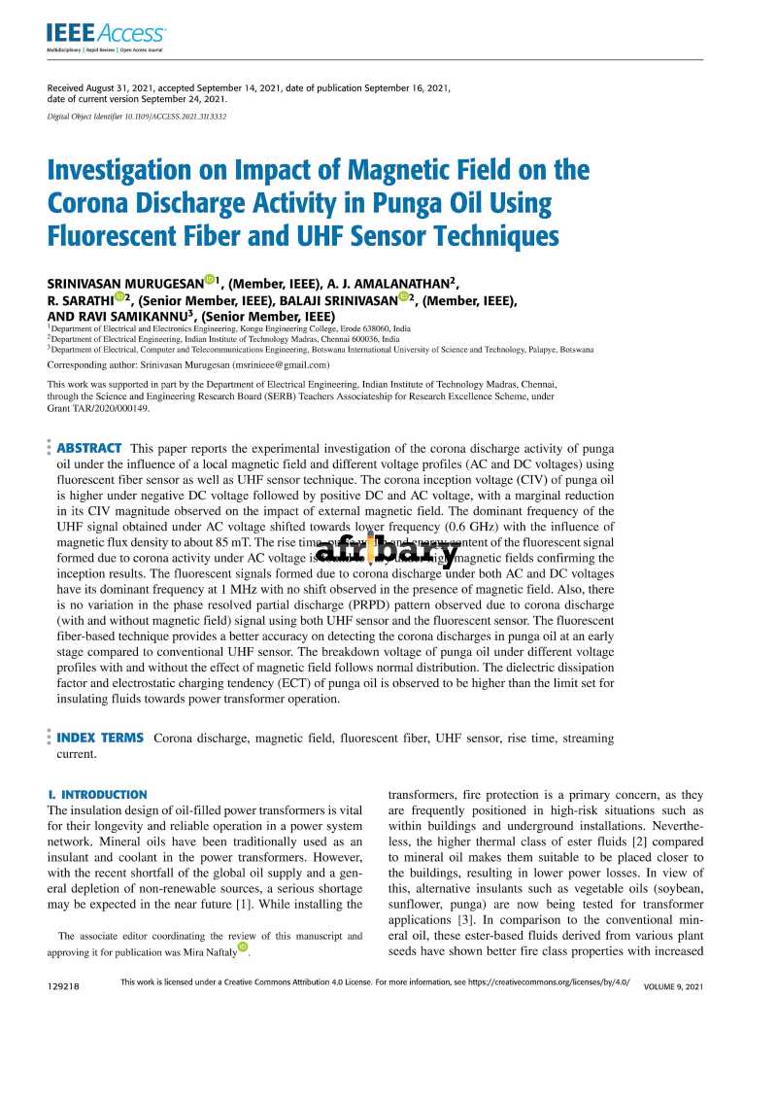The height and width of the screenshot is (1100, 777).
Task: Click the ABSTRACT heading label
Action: tap(89, 448)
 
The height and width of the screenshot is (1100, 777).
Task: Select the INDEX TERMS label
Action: tap(100, 739)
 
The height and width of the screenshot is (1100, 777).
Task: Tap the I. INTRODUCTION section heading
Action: tap(97, 794)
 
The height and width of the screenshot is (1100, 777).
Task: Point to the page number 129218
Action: tap(62, 986)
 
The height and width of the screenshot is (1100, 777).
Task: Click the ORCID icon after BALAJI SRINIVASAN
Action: tap(404, 298)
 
